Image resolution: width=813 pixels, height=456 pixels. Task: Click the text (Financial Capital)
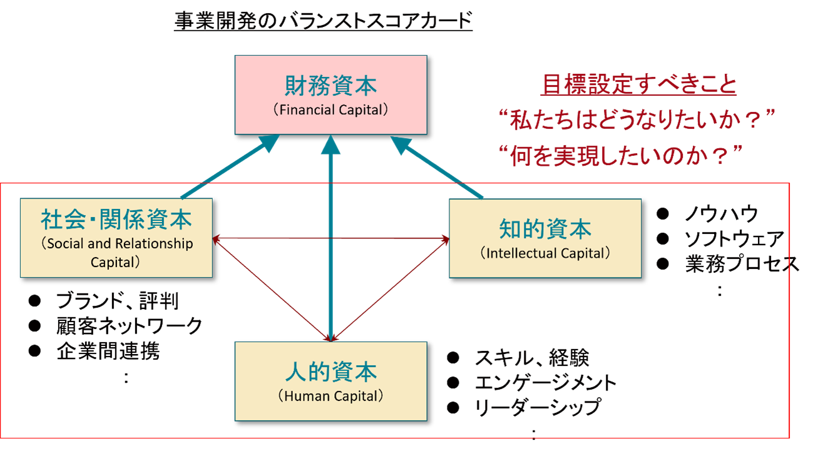(x=330, y=109)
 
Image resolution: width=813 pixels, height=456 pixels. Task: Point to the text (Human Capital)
(x=330, y=396)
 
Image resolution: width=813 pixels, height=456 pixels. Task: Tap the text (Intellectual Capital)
(x=545, y=253)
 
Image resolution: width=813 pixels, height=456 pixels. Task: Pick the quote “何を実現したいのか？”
(x=623, y=156)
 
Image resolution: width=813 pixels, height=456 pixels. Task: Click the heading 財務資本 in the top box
(x=330, y=86)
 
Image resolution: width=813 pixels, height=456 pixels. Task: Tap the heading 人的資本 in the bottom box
(x=330, y=372)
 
